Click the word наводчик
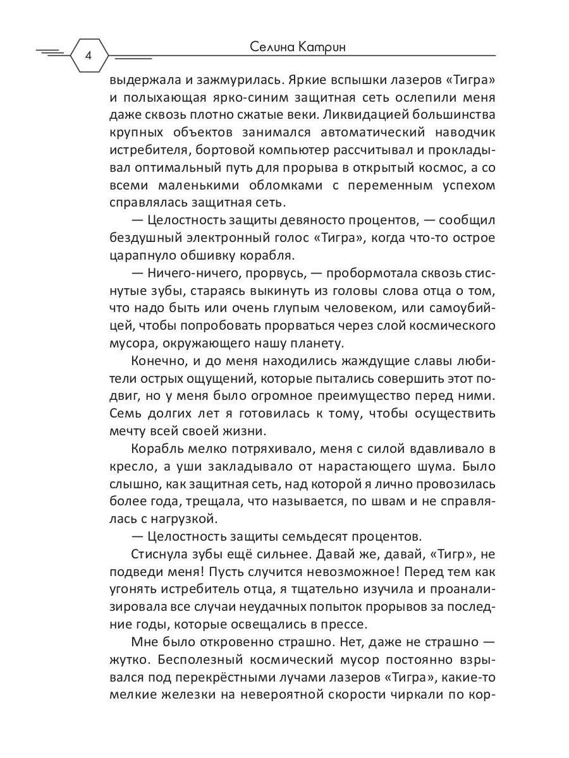click(x=459, y=133)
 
